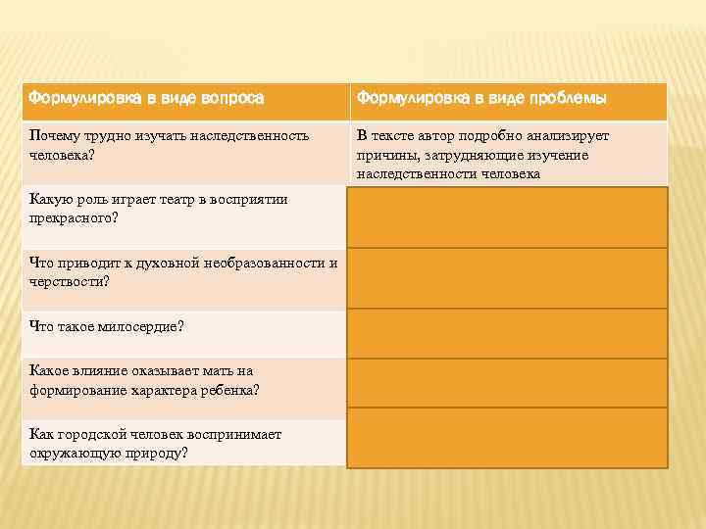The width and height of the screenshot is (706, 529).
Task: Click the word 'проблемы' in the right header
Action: pos(567,99)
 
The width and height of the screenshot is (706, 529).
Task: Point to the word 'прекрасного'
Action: pos(70,218)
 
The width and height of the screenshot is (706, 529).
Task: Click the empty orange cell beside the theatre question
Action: pos(506,216)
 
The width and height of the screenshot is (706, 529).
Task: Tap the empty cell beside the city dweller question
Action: pos(506,438)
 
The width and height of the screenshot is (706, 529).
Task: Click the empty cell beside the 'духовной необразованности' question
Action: pos(506,278)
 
